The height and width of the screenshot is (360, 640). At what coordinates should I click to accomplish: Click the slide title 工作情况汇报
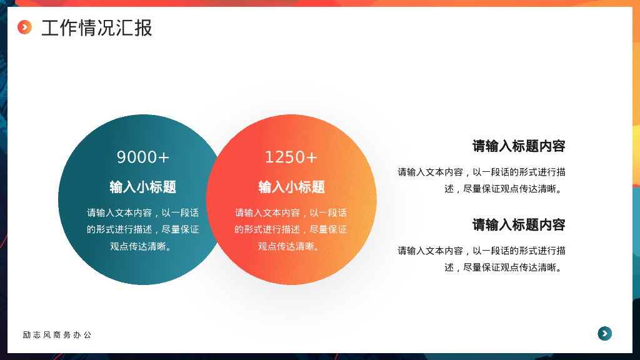[96, 28]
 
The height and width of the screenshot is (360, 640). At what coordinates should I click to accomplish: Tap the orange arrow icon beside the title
[24, 27]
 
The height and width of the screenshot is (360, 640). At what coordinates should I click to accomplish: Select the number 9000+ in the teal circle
[143, 157]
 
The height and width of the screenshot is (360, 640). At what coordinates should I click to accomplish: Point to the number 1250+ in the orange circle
[291, 157]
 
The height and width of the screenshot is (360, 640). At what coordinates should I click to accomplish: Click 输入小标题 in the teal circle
[143, 187]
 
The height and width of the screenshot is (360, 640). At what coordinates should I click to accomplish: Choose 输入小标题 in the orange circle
[291, 187]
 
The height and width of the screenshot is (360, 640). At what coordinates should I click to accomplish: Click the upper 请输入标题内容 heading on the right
[519, 146]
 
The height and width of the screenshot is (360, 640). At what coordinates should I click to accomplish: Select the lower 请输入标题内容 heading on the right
[519, 225]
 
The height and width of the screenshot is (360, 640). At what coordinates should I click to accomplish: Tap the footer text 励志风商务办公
[57, 335]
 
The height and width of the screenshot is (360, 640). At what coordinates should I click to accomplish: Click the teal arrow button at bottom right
[604, 334]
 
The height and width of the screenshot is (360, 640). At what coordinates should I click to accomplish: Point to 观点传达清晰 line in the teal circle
[143, 246]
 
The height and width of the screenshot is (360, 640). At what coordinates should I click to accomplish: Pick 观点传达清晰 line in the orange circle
[291, 246]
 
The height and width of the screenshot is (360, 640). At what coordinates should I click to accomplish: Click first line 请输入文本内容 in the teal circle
[143, 213]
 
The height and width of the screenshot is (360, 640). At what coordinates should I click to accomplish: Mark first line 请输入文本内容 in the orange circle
[291, 213]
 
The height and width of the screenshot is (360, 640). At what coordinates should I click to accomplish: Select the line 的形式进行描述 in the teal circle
[143, 229]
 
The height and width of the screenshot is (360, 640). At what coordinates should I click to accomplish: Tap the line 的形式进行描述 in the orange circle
[291, 229]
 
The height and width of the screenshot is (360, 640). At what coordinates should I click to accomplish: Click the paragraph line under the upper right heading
[481, 172]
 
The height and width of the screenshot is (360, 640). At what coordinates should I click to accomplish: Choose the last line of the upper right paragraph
[505, 189]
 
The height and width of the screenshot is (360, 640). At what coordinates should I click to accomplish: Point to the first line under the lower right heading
[481, 251]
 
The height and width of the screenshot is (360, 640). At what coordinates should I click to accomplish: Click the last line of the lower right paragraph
[505, 267]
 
